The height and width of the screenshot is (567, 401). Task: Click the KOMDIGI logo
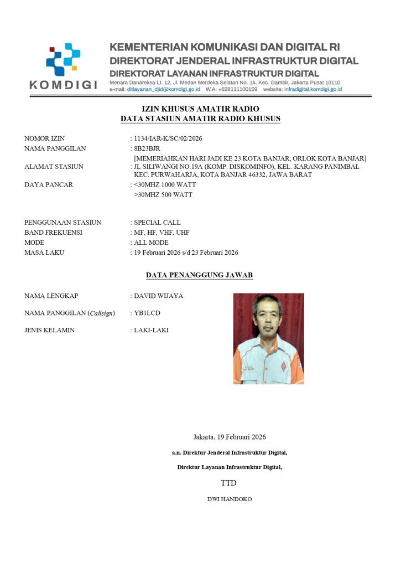63,66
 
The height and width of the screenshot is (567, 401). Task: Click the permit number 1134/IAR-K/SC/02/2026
164,138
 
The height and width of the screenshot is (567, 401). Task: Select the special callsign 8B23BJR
147,148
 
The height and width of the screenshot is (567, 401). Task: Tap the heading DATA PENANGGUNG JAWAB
200,275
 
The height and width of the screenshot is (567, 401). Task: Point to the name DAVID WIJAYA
158,296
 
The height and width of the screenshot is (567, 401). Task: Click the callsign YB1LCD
147,313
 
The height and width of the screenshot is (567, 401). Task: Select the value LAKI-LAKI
151,331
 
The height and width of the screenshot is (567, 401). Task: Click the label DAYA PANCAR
49,184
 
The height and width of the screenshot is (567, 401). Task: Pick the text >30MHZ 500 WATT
163,195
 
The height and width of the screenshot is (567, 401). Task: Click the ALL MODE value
151,243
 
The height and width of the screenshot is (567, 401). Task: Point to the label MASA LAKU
44,252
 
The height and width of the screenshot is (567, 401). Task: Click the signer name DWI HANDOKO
229,499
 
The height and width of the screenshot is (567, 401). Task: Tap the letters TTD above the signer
228,483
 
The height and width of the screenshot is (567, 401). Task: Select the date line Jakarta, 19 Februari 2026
230,437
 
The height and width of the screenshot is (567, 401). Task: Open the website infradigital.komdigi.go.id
313,89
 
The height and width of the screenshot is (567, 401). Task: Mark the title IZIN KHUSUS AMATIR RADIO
200,109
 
